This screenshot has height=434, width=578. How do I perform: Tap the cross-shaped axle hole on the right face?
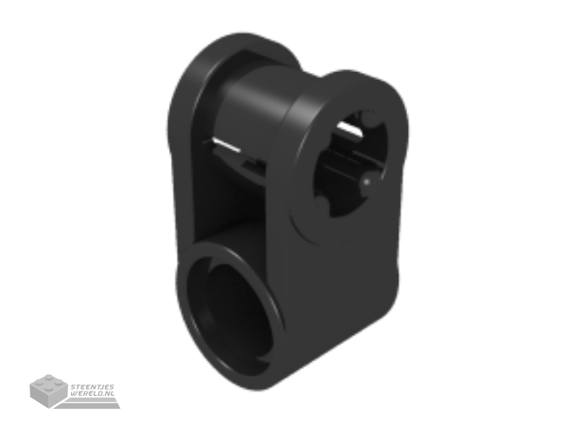(x=351, y=163)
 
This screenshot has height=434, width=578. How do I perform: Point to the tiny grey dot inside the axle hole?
(x=367, y=181)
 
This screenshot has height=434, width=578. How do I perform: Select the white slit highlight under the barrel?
(x=225, y=145)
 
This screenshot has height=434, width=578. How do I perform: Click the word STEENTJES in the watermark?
(x=92, y=387)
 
